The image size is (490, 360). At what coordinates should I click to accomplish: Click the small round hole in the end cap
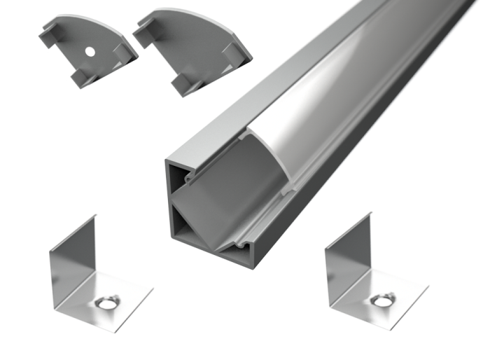tap(91, 52)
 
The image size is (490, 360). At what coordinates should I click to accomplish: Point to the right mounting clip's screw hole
tap(382, 301)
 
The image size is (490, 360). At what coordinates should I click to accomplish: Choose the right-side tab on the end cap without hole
tap(237, 56)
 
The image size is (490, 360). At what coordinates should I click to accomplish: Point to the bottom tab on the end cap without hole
tap(183, 85)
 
